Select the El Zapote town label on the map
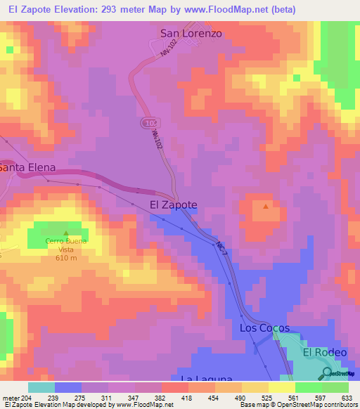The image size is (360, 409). [174, 204]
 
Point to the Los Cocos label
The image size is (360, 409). [264, 328]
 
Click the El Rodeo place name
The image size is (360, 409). [325, 352]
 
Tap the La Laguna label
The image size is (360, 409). [206, 379]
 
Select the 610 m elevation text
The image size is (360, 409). [66, 258]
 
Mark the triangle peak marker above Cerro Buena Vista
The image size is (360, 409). [66, 233]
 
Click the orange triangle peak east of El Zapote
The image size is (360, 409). [265, 207]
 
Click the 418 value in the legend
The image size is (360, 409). [188, 397]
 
